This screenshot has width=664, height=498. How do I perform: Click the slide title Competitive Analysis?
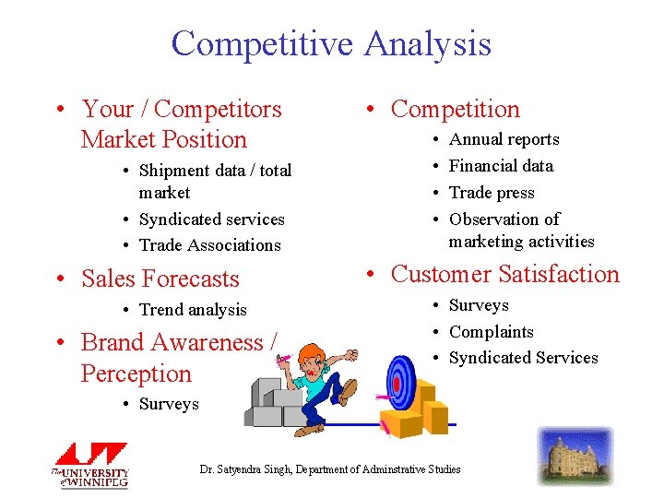(331, 43)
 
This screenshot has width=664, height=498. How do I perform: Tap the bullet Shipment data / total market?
(214, 182)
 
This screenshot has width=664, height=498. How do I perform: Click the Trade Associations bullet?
(209, 245)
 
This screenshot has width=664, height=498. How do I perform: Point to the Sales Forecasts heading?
(160, 279)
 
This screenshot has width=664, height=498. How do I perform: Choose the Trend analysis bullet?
(193, 310)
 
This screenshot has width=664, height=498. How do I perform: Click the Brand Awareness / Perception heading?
(178, 358)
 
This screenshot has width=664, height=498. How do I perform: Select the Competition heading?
(455, 109)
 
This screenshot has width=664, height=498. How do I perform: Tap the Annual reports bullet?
(504, 139)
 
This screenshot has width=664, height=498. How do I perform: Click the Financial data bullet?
(501, 166)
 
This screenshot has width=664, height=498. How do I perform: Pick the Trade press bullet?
(492, 193)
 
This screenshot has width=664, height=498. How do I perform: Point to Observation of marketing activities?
(521, 231)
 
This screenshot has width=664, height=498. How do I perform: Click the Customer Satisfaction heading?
(504, 274)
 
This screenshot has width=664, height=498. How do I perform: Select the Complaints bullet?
(491, 332)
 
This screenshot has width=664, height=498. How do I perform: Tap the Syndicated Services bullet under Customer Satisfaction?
(523, 358)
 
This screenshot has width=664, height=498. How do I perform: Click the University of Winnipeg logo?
(90, 466)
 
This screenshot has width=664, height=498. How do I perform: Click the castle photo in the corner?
(575, 456)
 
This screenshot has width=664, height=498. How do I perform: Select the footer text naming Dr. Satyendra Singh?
(330, 469)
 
